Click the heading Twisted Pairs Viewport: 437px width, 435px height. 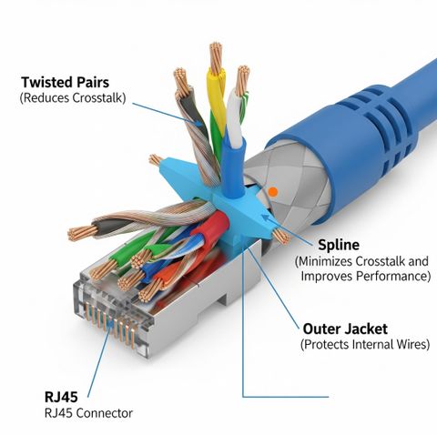click(65, 83)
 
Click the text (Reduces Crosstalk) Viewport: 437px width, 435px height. click(73, 98)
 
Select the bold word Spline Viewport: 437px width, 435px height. click(339, 245)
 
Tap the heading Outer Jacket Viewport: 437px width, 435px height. click(345, 329)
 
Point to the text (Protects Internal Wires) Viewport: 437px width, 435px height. click(365, 344)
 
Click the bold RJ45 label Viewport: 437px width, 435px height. click(61, 397)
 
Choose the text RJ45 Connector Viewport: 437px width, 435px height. click(88, 413)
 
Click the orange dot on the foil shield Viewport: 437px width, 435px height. click(273, 191)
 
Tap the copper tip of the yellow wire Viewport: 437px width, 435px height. click(216, 57)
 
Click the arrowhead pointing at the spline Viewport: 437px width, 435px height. click(265, 217)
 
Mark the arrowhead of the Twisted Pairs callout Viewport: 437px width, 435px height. click(198, 124)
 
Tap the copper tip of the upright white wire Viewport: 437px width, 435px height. click(242, 79)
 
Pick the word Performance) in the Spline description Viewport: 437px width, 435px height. click(393, 277)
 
